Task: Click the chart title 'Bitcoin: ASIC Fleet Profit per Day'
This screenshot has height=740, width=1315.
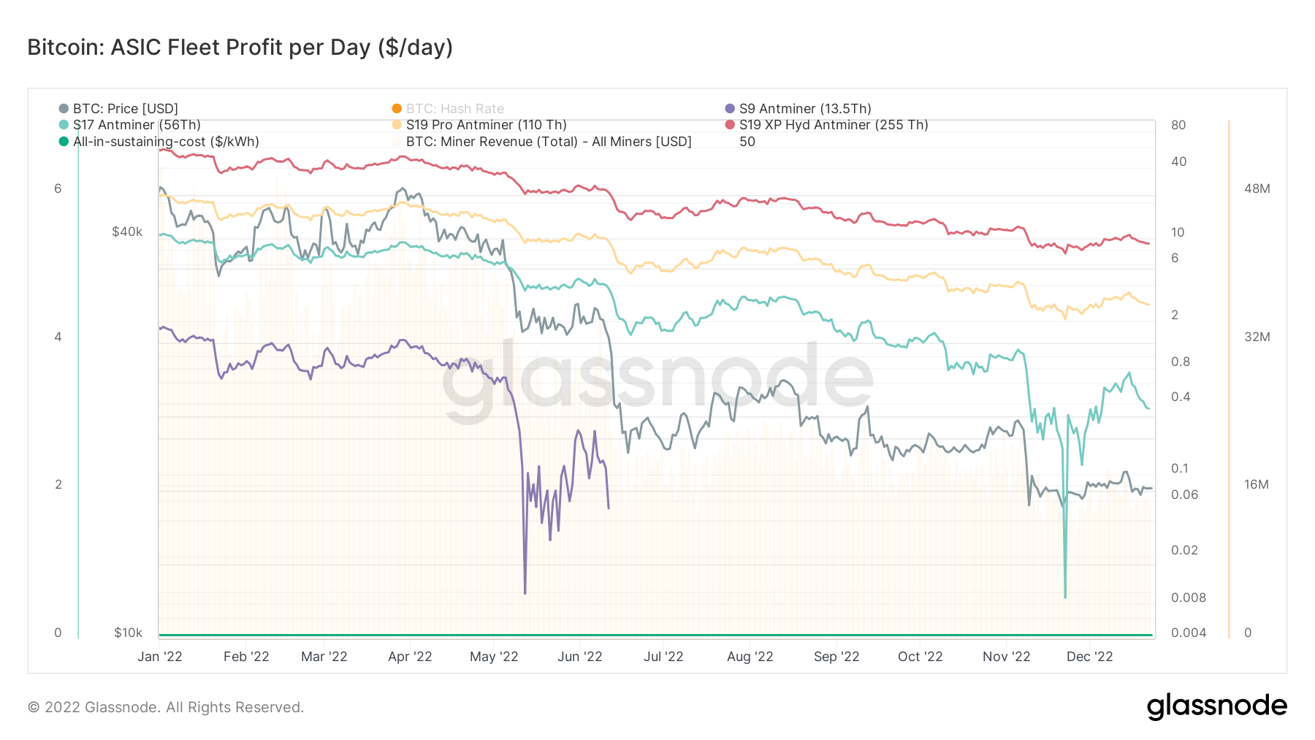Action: click(x=240, y=47)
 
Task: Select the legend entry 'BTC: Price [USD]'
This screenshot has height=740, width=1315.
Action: click(x=125, y=109)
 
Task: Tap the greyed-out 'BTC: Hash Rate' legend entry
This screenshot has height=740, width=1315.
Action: click(x=454, y=109)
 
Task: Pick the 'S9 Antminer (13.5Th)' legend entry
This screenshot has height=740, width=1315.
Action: click(x=804, y=109)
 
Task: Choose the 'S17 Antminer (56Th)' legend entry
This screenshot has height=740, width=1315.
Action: click(x=136, y=125)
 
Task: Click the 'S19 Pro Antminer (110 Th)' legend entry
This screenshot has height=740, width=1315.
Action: click(x=486, y=125)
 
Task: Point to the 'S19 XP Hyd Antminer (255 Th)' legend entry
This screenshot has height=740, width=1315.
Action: click(x=833, y=125)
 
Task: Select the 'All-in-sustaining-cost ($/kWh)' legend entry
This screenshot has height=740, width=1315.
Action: click(x=165, y=142)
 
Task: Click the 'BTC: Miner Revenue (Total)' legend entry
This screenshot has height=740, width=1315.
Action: click(x=548, y=142)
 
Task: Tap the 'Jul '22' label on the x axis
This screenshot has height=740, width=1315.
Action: click(x=663, y=657)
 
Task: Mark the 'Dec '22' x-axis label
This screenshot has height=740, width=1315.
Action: click(x=1089, y=657)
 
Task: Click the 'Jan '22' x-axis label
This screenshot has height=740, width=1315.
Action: click(x=160, y=657)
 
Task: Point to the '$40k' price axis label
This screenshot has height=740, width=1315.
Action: click(x=127, y=232)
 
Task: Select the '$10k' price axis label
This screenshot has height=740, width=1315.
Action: click(x=128, y=633)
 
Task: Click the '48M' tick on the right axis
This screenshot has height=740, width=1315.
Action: click(x=1257, y=188)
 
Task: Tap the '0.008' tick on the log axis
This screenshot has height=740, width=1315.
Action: click(x=1188, y=598)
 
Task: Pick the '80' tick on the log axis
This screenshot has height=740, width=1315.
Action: click(x=1178, y=125)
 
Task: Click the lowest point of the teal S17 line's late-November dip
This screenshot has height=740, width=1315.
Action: click(x=1065, y=598)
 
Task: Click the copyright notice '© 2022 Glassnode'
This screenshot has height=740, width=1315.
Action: click(x=166, y=707)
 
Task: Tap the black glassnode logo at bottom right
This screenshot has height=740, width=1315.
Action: click(x=1216, y=706)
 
